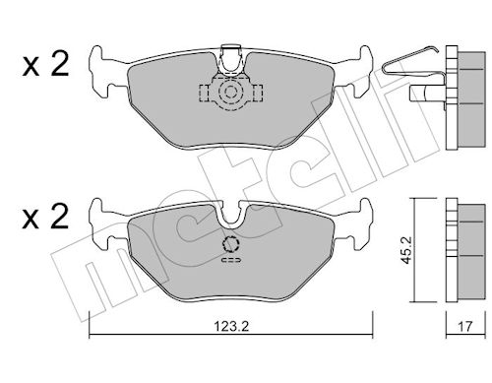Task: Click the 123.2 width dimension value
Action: (x=231, y=326)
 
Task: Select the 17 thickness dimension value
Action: (x=464, y=326)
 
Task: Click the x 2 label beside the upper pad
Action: (x=45, y=65)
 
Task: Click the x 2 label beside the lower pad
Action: (x=45, y=217)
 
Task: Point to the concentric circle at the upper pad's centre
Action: (x=230, y=92)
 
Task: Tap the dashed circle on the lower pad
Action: (x=231, y=244)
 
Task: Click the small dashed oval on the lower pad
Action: (x=232, y=260)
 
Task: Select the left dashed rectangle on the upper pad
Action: (x=205, y=93)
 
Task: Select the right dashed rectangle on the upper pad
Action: (x=257, y=93)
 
